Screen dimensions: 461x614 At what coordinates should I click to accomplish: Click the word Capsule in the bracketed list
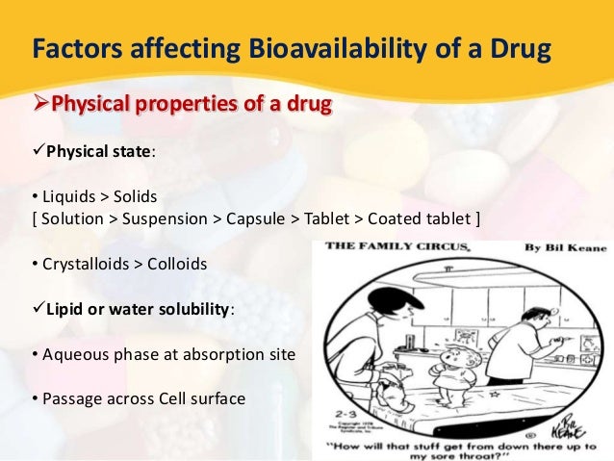pos(254,218)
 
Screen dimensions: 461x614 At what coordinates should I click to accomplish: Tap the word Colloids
pos(176,262)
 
